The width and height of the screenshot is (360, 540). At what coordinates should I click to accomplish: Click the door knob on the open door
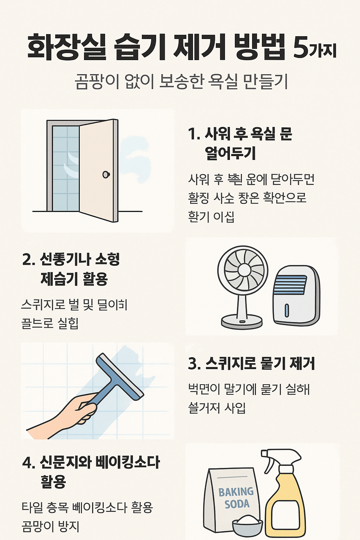click(x=106, y=174)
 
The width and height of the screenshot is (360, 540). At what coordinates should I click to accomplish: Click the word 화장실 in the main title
click(x=67, y=47)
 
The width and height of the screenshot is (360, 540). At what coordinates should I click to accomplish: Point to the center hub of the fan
click(x=243, y=270)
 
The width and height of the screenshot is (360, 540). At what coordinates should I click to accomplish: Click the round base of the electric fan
click(x=242, y=321)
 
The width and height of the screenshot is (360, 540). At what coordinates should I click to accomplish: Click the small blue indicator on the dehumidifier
click(x=287, y=310)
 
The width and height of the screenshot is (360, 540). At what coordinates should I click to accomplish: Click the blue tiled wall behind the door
click(x=65, y=169)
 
